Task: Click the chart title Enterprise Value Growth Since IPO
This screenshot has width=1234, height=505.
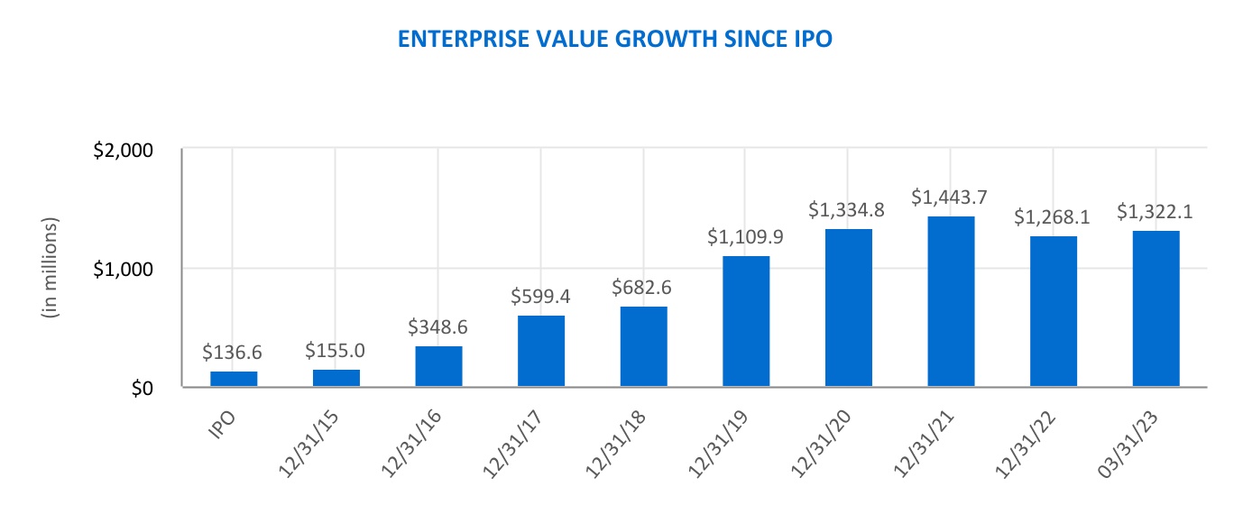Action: (616, 40)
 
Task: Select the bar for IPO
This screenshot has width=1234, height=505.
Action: (234, 379)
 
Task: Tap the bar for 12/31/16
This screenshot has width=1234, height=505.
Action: (438, 366)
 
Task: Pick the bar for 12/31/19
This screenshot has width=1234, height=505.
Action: (746, 321)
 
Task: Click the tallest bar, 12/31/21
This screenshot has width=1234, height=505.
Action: (951, 301)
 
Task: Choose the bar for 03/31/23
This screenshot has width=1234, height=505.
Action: (1156, 308)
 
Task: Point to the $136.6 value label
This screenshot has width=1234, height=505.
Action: (234, 353)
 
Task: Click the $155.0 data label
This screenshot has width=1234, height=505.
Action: (336, 351)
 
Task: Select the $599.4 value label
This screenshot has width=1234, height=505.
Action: (540, 297)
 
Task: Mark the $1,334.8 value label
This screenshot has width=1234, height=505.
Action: (848, 210)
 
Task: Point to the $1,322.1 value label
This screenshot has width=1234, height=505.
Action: (1156, 212)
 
